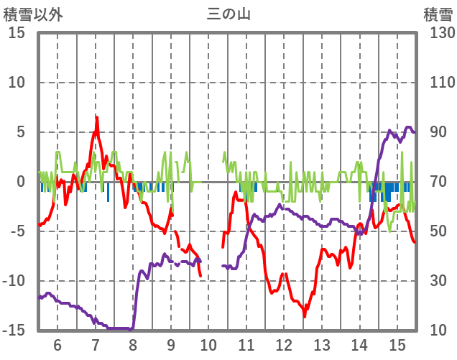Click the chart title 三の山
click(x=228, y=14)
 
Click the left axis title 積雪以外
click(x=33, y=14)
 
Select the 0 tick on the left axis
click(x=21, y=182)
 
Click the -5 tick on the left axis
click(x=17, y=231)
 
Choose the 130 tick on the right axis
click(x=438, y=33)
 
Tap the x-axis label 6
click(x=57, y=345)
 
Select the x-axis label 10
click(x=208, y=345)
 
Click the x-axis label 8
click(x=133, y=345)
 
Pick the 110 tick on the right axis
click(x=438, y=83)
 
